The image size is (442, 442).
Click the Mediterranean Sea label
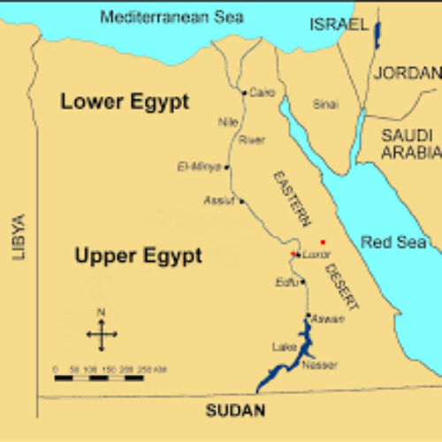click(x=172, y=17)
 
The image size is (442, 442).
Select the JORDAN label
click(x=406, y=72)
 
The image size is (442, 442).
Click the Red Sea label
click(x=394, y=241)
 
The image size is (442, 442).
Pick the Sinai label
click(x=325, y=104)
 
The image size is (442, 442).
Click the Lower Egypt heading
click(x=125, y=102)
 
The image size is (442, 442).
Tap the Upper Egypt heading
click(x=138, y=256)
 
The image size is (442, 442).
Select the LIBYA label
click(x=19, y=236)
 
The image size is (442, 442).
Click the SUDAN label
click(x=234, y=410)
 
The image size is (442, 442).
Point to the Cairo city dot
click(x=244, y=92)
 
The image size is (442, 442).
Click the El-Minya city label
click(x=199, y=166)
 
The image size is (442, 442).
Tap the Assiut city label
click(x=219, y=201)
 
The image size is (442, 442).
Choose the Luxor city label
click(x=316, y=255)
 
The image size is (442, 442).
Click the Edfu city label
click(x=286, y=283)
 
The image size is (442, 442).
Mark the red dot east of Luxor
click(x=323, y=241)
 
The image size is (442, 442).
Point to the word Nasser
click(x=319, y=365)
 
